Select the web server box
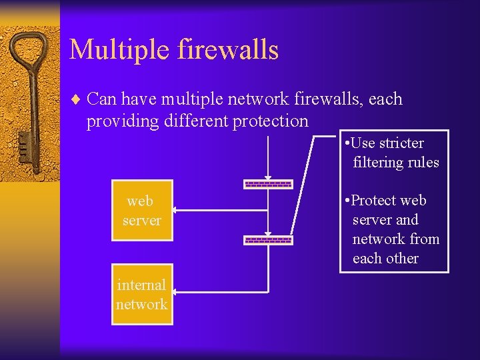pos(141,211)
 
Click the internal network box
pos(141,294)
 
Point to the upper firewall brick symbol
pos(268,184)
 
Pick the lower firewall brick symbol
pos(268,239)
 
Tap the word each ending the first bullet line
pos(385,99)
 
